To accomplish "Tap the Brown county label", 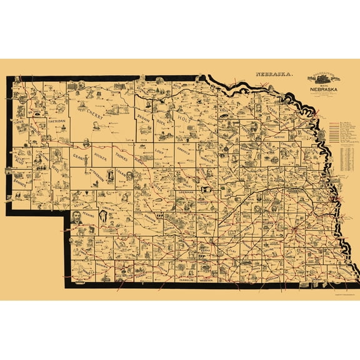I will tap(145, 116).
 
